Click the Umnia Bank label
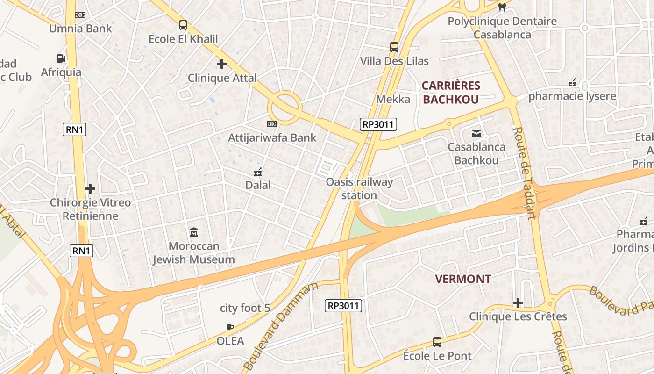pos(81,29)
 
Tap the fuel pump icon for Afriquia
pos(61,58)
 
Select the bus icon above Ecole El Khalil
pos(183,25)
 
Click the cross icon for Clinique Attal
pos(222,64)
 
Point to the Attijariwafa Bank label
pos(272,138)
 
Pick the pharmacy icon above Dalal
pos(258,173)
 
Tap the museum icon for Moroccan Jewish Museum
pos(194,232)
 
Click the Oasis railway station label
pos(359,188)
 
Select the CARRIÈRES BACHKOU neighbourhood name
pos(451,93)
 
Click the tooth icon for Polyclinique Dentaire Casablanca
pos(502,7)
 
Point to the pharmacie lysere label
pos(572,97)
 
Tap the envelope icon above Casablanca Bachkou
pos(476,134)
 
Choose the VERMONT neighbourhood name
pos(463,279)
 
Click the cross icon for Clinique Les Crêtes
pos(518,303)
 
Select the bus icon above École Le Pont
pos(437,342)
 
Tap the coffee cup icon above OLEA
pos(229,327)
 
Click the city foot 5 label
pos(245,308)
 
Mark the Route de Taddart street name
pos(525,173)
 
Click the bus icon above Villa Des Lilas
pos(394,47)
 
